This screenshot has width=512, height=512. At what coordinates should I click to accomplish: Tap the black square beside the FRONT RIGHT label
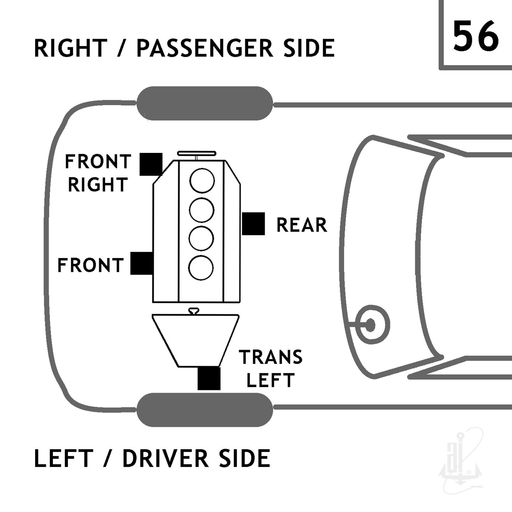coord(151,164)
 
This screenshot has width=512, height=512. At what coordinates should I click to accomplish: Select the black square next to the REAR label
coord(253,224)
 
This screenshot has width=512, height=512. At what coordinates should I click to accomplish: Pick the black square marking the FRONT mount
coord(142,263)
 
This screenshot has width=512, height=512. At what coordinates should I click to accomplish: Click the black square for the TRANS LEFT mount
coord(209,379)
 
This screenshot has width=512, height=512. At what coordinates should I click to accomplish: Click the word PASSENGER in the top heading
coord(205,48)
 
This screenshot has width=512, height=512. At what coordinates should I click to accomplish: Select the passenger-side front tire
coord(205,103)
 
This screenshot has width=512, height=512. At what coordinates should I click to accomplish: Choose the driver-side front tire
coord(205,410)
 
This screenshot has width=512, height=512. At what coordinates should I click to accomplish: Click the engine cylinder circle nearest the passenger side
coord(202,181)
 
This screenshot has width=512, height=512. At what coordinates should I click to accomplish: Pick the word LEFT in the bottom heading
coord(63,458)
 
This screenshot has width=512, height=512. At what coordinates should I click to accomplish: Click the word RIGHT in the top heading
coord(71,48)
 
